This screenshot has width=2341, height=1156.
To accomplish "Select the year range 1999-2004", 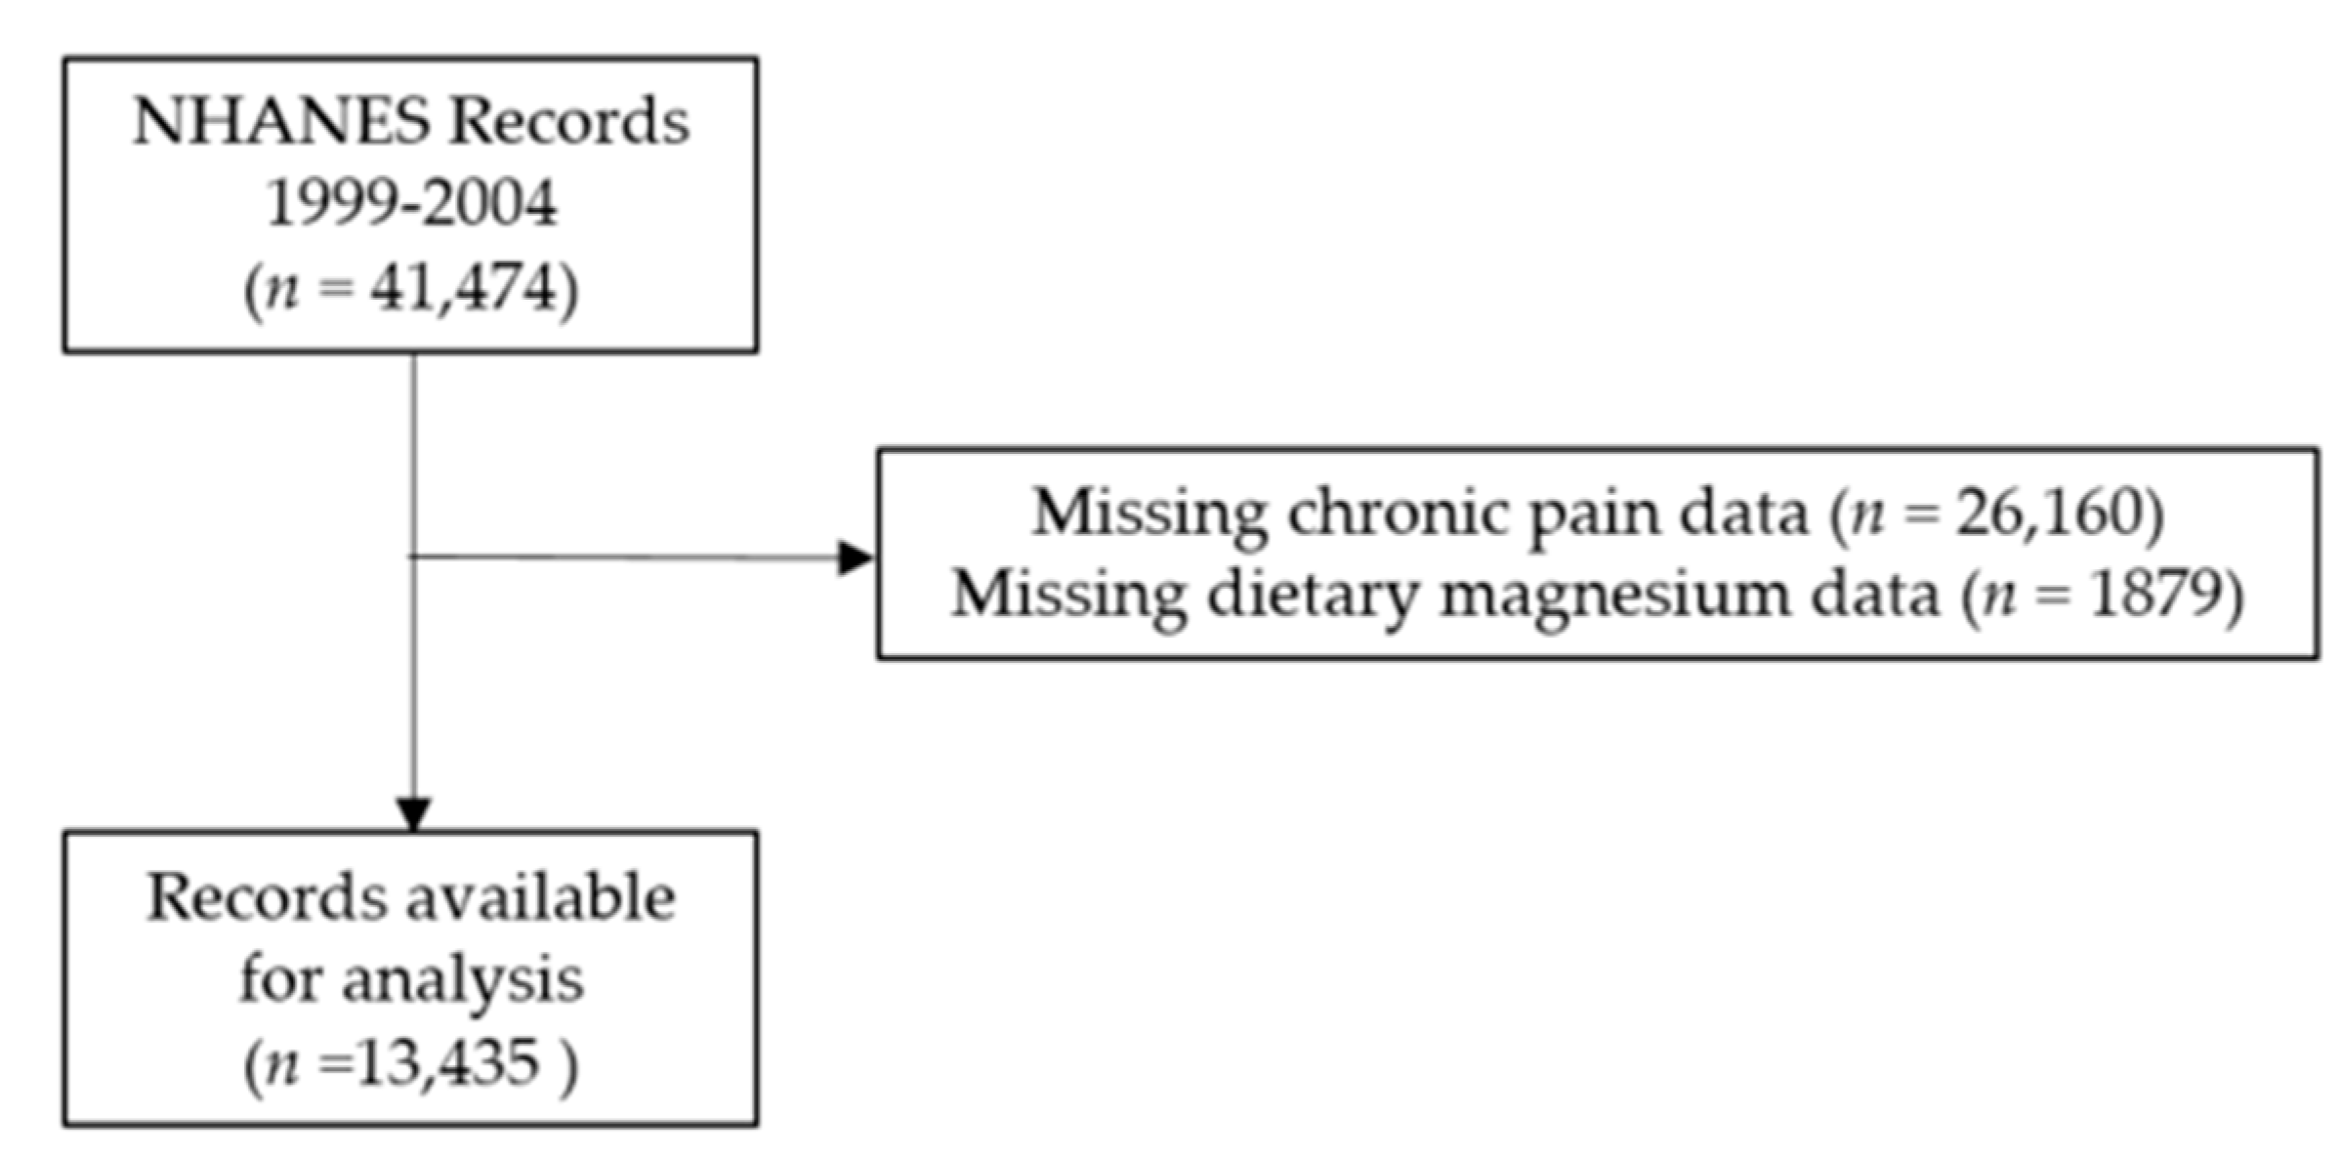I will pyautogui.click(x=411, y=203).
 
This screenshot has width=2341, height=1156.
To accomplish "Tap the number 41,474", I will pyautogui.click(x=463, y=288).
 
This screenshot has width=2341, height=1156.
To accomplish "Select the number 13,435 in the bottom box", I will pyautogui.click(x=447, y=1062).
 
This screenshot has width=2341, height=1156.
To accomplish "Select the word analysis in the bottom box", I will pyautogui.click(x=462, y=980).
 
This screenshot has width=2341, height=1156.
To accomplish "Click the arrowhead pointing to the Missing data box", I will pyautogui.click(x=856, y=558).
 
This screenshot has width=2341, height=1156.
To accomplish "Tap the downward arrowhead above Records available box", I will pyautogui.click(x=413, y=813).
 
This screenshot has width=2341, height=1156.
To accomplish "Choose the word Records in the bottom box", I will pyautogui.click(x=266, y=897).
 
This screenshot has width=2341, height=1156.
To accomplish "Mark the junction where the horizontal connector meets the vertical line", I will pyautogui.click(x=413, y=557).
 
